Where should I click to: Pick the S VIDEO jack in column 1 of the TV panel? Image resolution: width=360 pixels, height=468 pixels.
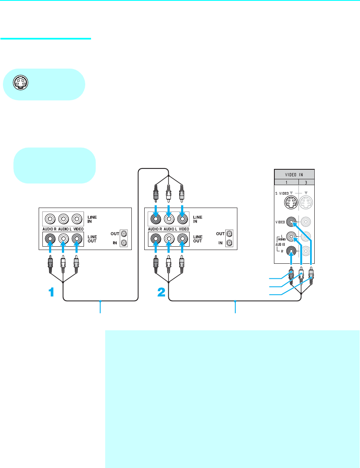click(x=290, y=202)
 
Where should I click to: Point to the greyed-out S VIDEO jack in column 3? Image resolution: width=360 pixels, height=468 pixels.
click(x=306, y=202)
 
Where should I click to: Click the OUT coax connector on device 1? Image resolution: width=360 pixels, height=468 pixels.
click(x=123, y=233)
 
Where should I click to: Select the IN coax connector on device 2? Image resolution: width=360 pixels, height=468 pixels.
click(x=229, y=243)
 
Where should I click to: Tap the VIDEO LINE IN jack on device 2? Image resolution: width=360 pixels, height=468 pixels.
click(x=182, y=218)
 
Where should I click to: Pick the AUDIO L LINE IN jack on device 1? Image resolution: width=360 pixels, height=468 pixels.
click(x=63, y=218)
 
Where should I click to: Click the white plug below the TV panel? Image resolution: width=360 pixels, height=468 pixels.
click(x=301, y=275)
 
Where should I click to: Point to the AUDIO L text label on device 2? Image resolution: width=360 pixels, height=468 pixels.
click(x=168, y=229)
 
